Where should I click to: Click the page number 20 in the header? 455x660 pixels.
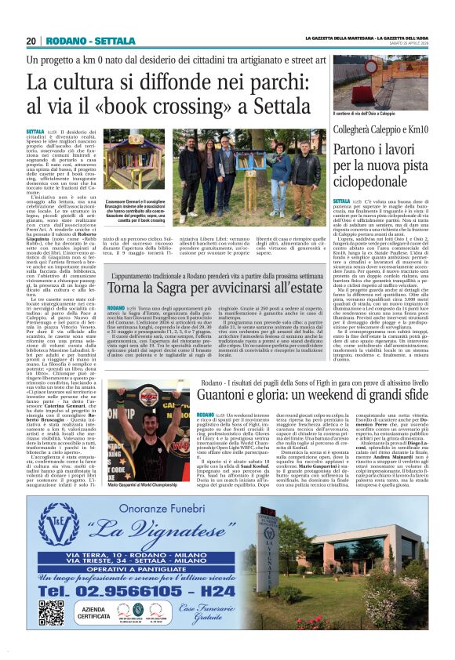[x=32, y=41]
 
